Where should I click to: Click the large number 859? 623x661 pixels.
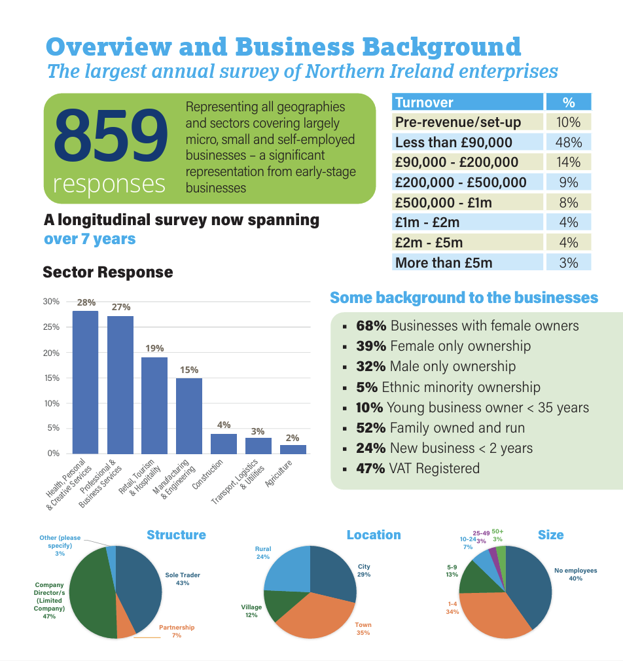(111, 135)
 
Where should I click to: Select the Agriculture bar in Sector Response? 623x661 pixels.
(293, 450)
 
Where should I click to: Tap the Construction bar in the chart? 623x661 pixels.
(224, 444)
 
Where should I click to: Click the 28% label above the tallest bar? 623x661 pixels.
(86, 302)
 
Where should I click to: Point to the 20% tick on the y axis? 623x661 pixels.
(51, 353)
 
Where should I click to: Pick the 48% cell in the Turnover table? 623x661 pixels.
(569, 142)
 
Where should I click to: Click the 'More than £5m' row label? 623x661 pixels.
(444, 262)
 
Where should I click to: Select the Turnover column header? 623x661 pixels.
(467, 102)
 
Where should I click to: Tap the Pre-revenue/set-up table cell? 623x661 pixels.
(467, 122)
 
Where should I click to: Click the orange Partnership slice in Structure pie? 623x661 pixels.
(125, 623)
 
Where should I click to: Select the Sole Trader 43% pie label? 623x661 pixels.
(183, 579)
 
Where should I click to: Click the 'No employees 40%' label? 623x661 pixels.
(575, 574)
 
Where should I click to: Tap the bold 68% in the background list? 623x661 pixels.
(371, 325)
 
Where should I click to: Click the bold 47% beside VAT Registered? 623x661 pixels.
(370, 469)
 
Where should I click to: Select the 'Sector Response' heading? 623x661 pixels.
(108, 272)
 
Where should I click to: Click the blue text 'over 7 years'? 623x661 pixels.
(90, 239)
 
